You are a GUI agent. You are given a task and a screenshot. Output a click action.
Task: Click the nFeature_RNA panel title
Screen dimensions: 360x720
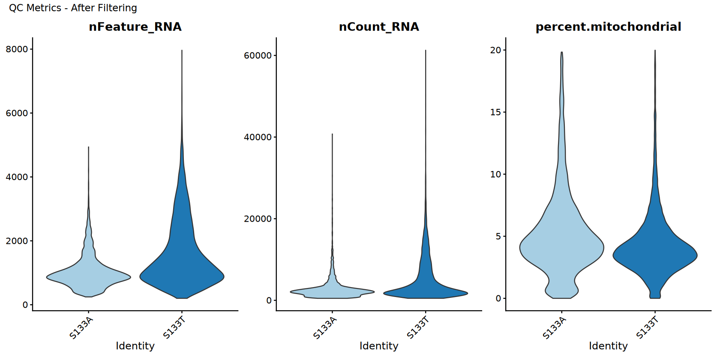(135, 27)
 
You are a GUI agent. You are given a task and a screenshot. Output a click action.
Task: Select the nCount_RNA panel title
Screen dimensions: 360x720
(379, 27)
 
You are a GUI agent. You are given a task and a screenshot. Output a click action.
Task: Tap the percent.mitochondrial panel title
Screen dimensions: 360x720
(608, 27)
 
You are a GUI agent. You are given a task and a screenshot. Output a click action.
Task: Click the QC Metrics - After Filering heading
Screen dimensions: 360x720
(73, 8)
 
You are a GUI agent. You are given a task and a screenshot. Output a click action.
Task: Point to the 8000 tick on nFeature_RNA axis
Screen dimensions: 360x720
(17, 49)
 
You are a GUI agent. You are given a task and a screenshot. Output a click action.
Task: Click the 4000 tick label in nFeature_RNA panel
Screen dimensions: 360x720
(17, 177)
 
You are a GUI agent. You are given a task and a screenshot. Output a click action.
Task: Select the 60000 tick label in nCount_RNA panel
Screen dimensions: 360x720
(258, 56)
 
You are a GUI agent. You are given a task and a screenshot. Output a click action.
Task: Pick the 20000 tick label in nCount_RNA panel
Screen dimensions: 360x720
(258, 219)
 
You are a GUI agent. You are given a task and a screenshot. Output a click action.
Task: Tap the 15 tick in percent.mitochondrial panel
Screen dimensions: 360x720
(495, 112)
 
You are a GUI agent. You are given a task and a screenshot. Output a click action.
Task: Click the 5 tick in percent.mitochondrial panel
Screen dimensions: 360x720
(498, 237)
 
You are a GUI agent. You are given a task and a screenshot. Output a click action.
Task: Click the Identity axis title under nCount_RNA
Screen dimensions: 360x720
(379, 346)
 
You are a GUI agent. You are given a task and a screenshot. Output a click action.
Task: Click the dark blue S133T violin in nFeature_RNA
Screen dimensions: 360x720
(182, 266)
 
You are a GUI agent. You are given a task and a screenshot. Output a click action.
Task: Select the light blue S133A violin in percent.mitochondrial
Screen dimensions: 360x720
(561, 249)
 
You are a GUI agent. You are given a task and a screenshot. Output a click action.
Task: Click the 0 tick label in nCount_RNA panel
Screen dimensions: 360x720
(269, 300)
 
